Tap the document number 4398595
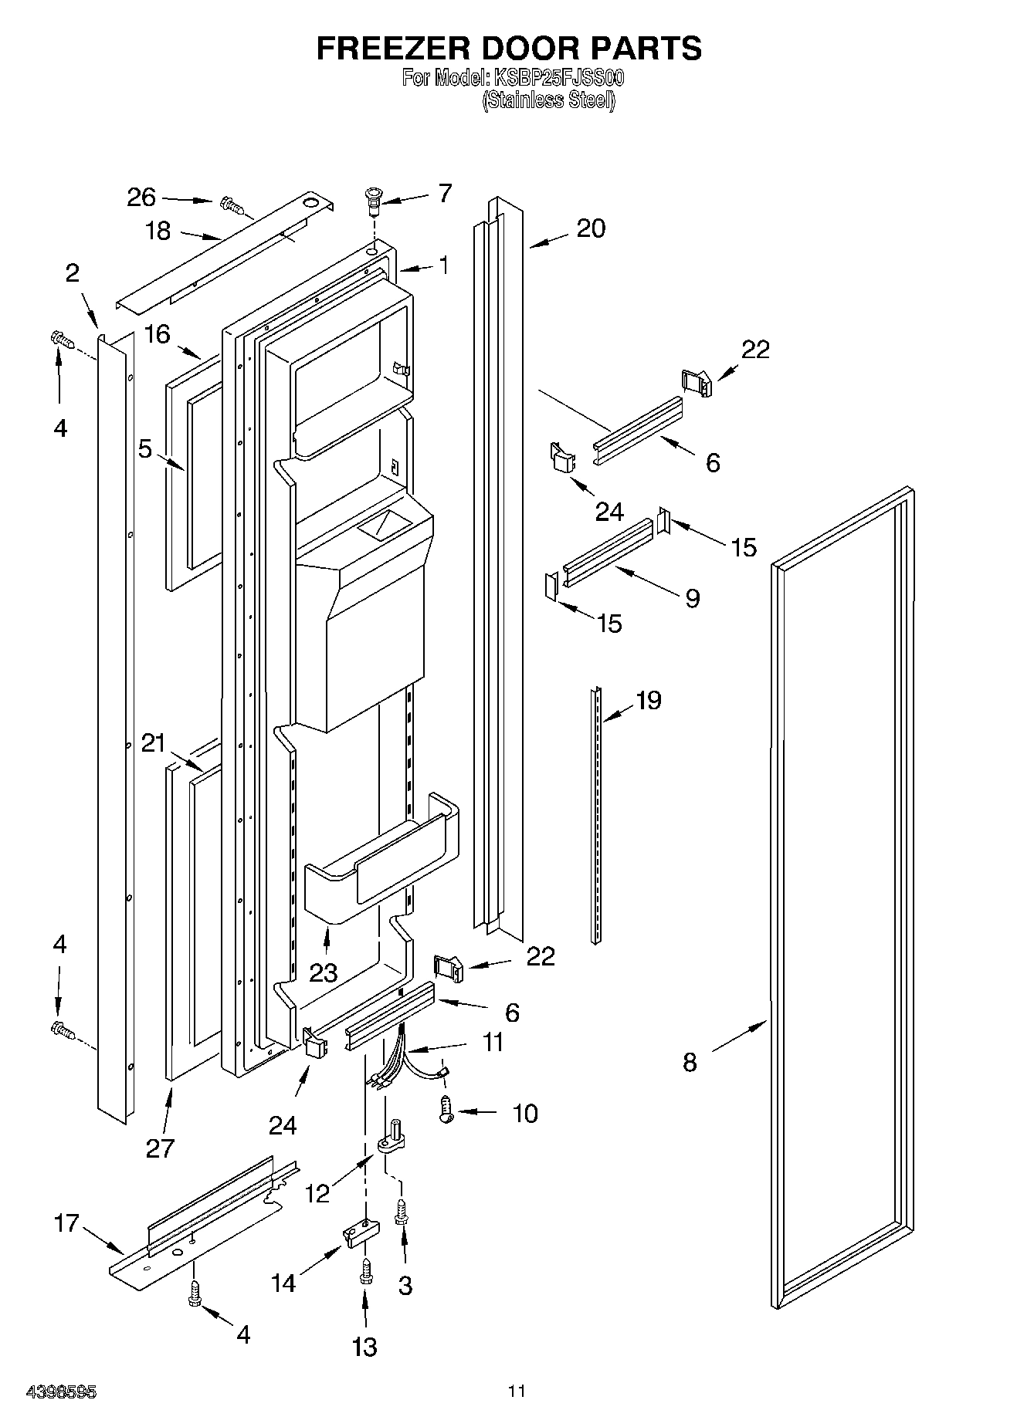pyautogui.click(x=61, y=1392)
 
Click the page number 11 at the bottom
pyautogui.click(x=517, y=1391)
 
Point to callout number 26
pyautogui.click(x=141, y=198)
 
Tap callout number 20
pyautogui.click(x=591, y=228)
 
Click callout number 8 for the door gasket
pyautogui.click(x=690, y=1062)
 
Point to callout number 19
pyautogui.click(x=648, y=700)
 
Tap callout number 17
pyautogui.click(x=66, y=1222)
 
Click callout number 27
pyautogui.click(x=160, y=1148)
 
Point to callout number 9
pyautogui.click(x=692, y=597)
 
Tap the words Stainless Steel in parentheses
pyautogui.click(x=549, y=100)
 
